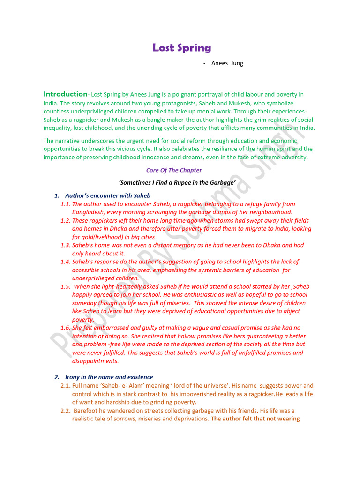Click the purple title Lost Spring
[182, 48]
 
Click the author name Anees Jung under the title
[227, 63]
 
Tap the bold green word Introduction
[66, 94]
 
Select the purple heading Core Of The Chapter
[174, 170]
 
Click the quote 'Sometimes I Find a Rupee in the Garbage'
[177, 183]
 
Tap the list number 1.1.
[65, 204]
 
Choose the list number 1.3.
[65, 245]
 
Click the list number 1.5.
[65, 286]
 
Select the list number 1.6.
[65, 328]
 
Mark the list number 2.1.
[65, 386]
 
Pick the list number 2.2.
[65, 410]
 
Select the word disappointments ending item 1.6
[95, 361]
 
